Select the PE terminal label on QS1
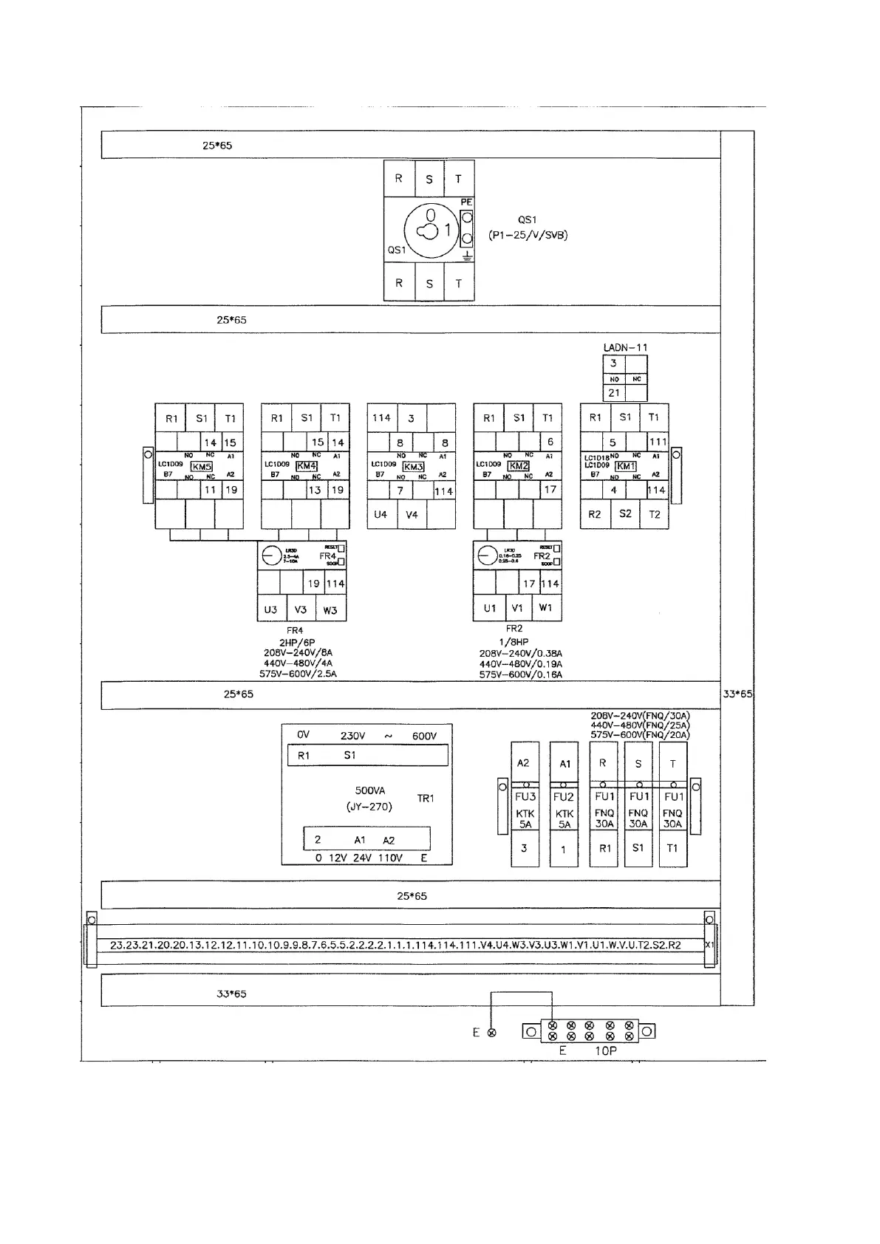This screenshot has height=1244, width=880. [466, 202]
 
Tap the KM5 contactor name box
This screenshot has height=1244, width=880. [202, 467]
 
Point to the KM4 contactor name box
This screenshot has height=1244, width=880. [307, 466]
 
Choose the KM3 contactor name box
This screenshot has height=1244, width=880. [413, 467]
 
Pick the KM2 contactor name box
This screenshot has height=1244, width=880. [519, 466]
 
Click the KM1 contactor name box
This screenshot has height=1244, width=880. [626, 466]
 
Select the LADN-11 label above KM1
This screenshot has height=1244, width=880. [625, 347]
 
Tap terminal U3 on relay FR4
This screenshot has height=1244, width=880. [271, 609]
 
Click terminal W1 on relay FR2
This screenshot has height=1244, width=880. [546, 608]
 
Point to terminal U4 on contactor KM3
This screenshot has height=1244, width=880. [381, 514]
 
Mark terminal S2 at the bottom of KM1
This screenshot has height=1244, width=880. [625, 513]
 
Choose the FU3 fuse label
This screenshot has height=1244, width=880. [525, 797]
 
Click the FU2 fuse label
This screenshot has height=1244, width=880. [564, 797]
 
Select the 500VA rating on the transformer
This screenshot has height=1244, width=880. [370, 790]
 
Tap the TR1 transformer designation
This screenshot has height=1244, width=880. [426, 799]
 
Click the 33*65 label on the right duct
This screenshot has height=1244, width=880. [737, 694]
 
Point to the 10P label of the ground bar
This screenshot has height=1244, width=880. [605, 1050]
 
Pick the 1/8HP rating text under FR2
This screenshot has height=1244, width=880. [514, 642]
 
